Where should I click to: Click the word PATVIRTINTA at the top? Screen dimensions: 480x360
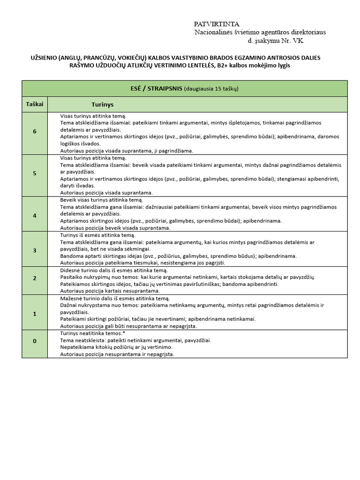coord(217,24)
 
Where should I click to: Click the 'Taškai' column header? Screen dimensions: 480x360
coord(35,104)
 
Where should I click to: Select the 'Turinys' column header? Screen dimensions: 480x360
coord(103,105)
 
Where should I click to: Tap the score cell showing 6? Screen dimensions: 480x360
coord(35,132)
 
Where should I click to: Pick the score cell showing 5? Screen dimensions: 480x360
coord(35,173)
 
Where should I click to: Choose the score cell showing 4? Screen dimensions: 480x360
coord(35,216)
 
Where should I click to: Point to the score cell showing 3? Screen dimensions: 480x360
coord(35,250)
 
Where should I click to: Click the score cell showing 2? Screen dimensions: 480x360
coord(35,278)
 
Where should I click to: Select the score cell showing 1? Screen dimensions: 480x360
coord(35,314)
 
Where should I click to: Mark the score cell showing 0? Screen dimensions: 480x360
coord(35,341)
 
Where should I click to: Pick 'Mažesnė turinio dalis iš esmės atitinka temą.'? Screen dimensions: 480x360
coord(115,298)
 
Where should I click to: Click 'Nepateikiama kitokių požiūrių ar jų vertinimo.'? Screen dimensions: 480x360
coord(116,347)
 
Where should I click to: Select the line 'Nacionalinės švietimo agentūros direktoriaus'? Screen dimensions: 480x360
coord(260,32)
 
